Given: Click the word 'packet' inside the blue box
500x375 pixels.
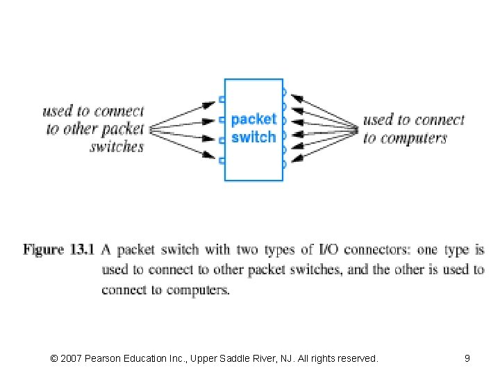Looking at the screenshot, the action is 253,119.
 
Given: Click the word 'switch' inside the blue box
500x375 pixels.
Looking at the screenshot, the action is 253,137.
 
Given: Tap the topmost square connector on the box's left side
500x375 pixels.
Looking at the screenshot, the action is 222,99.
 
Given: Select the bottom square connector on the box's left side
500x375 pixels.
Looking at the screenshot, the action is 222,160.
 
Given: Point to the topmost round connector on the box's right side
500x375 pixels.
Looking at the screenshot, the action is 283,92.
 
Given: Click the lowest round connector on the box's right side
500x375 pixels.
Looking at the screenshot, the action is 283,165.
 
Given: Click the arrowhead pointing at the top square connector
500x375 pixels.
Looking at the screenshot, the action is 209,105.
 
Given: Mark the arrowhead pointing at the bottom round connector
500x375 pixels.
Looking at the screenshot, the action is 296,160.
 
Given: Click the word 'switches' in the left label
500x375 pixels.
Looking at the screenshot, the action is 117,147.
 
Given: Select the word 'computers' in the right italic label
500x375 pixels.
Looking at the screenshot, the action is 414,138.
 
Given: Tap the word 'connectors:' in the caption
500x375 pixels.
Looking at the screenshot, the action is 380,249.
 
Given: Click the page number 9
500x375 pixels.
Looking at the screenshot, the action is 467,358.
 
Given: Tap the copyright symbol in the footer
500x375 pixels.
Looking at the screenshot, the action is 54,358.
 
